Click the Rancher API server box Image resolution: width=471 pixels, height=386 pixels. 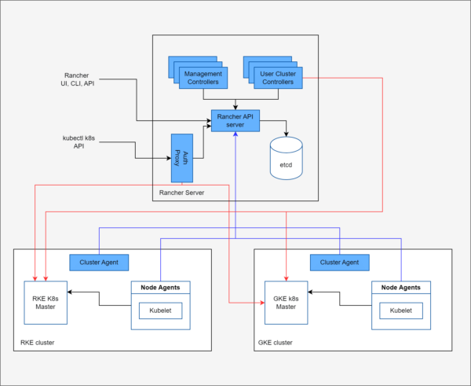tap(235, 121)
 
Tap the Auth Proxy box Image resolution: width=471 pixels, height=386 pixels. tap(182, 157)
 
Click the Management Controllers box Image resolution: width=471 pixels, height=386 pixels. tap(203, 77)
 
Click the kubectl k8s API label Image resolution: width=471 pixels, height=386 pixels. tap(78, 142)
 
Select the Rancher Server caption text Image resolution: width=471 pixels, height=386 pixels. tap(181, 193)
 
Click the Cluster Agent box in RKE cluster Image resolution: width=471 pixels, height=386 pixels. tap(99, 261)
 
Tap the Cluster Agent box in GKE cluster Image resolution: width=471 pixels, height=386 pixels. tap(340, 261)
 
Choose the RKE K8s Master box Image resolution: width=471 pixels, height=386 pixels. tap(46, 301)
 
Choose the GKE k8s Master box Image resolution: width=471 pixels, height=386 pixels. tap(286, 301)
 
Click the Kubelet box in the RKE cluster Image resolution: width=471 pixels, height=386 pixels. tap(160, 311)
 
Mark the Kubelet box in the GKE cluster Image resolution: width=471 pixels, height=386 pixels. tap(401, 311)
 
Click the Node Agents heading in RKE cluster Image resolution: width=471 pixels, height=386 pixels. tap(160, 288)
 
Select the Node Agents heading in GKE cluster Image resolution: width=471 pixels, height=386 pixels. tap(401, 288)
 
